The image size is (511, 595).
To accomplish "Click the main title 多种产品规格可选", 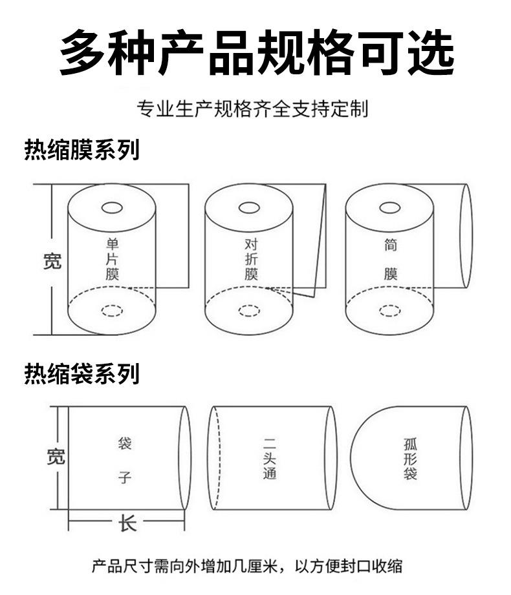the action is [256, 52].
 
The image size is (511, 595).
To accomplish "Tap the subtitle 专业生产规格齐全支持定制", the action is [252, 109].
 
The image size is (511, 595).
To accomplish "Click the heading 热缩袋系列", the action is [82, 373].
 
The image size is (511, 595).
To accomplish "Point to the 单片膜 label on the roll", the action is [113, 259].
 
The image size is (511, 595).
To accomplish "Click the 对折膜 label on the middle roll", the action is [252, 259].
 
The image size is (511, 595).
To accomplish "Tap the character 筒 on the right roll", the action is [391, 245].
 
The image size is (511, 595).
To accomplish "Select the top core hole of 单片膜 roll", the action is [113, 208].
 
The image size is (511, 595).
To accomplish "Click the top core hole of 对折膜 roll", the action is [249, 207].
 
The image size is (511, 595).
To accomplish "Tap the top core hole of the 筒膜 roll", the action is [389, 207].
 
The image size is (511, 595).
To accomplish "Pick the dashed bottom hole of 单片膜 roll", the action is [112, 311].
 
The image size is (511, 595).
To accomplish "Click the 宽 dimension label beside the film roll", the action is [52, 261].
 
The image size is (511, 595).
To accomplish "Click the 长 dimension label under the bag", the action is [127, 522].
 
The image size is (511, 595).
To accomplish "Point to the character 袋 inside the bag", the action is [125, 444].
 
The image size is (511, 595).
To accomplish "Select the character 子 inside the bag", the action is [125, 478].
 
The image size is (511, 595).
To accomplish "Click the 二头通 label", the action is [270, 459].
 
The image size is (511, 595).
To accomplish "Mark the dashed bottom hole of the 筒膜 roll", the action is [389, 311].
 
